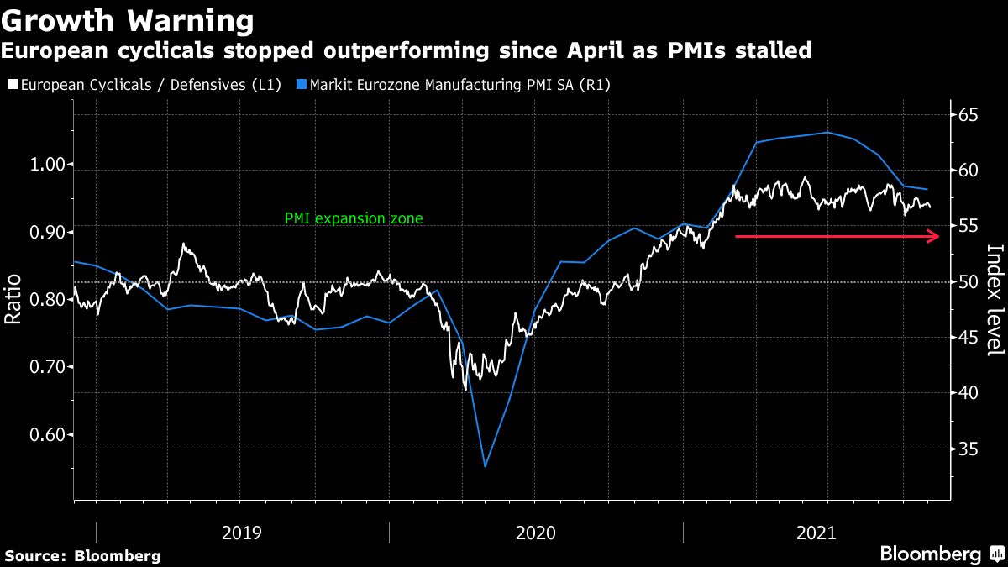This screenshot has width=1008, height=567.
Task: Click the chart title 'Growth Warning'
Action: (x=127, y=20)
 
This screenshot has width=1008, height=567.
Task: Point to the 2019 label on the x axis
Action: (x=242, y=533)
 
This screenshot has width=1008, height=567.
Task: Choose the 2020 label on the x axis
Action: (x=536, y=533)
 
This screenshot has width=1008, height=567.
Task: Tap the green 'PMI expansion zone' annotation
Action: (x=354, y=218)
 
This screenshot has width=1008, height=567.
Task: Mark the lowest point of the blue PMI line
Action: (x=485, y=466)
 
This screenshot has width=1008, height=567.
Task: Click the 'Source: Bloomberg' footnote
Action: (x=82, y=556)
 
